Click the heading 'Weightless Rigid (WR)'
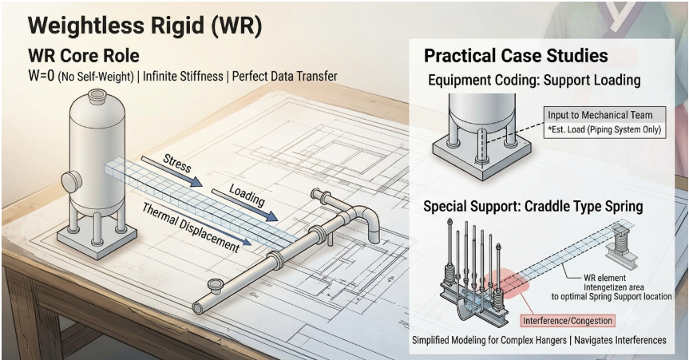(145, 26)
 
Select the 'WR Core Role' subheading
(84, 56)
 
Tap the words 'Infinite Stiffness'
(183, 76)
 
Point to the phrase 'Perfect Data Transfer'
(285, 76)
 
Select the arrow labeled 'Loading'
(245, 205)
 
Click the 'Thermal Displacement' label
(191, 227)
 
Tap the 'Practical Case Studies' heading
(516, 56)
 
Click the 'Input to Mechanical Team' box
(604, 115)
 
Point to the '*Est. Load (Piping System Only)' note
(604, 129)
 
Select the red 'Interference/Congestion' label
(568, 320)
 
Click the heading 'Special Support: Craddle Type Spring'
(533, 206)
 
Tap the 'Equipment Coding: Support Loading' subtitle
(534, 81)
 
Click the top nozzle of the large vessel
(97, 96)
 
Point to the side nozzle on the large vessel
(71, 182)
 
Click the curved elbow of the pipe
(366, 219)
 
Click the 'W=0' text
(42, 76)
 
